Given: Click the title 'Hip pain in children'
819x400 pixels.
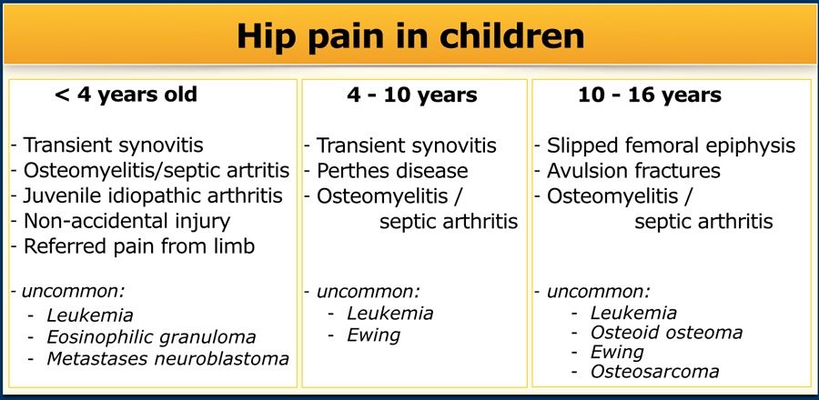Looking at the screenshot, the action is click(410, 36).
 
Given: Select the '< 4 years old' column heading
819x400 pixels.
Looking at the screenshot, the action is click(126, 95).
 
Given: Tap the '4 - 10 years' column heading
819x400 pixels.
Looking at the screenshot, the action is click(412, 95).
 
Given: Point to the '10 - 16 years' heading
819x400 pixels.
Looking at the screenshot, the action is click(650, 95).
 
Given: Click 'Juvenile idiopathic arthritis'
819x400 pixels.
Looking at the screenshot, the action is click(153, 195).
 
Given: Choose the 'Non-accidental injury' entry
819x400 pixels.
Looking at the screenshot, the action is click(126, 221).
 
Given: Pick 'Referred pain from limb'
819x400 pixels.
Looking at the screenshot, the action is click(139, 245).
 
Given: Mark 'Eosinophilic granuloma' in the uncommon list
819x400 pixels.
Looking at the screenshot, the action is click(151, 337).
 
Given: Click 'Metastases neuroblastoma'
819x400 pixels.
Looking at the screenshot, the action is click(167, 359).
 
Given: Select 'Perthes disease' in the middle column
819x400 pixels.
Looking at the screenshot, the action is click(392, 171).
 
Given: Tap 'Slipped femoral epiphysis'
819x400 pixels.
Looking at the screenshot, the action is click(672, 145).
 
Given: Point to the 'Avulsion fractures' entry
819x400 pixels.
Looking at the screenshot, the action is click(633, 171).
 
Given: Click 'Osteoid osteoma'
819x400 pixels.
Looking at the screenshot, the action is click(666, 332).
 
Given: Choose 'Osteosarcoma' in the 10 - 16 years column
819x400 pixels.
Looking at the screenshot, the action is click(654, 371).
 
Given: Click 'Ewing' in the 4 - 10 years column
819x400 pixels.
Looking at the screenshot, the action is click(373, 335).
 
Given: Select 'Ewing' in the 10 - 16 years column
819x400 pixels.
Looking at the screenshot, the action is click(617, 353).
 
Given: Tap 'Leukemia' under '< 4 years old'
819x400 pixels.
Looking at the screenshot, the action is click(89, 315).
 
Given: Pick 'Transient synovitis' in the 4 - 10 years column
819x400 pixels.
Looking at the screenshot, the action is click(407, 145).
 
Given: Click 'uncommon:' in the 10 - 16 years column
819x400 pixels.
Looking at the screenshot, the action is click(599, 291).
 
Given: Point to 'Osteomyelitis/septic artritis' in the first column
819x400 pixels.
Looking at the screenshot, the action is click(157, 171).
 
